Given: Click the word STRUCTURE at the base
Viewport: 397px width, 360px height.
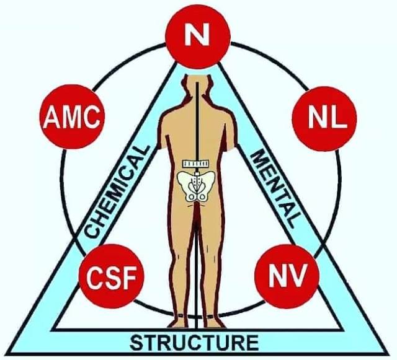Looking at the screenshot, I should [195, 342].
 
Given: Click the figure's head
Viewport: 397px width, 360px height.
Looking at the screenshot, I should [197, 87].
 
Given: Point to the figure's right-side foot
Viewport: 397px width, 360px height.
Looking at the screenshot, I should [213, 322].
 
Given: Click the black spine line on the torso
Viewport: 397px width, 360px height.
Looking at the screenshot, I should [198, 124].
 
